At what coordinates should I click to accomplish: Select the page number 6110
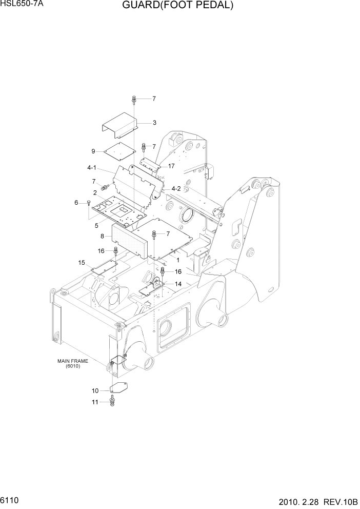10,500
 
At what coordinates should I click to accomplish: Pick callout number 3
154,123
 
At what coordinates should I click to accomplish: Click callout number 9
93,151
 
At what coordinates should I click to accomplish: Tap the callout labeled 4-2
176,188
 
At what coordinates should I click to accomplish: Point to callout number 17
171,166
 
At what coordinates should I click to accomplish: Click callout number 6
76,203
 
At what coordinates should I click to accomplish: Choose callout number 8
103,236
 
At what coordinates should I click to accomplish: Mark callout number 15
81,263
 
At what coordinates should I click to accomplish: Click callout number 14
178,284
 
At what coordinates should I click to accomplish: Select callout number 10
95,391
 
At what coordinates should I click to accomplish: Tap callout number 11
95,402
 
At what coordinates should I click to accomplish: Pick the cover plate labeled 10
119,388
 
